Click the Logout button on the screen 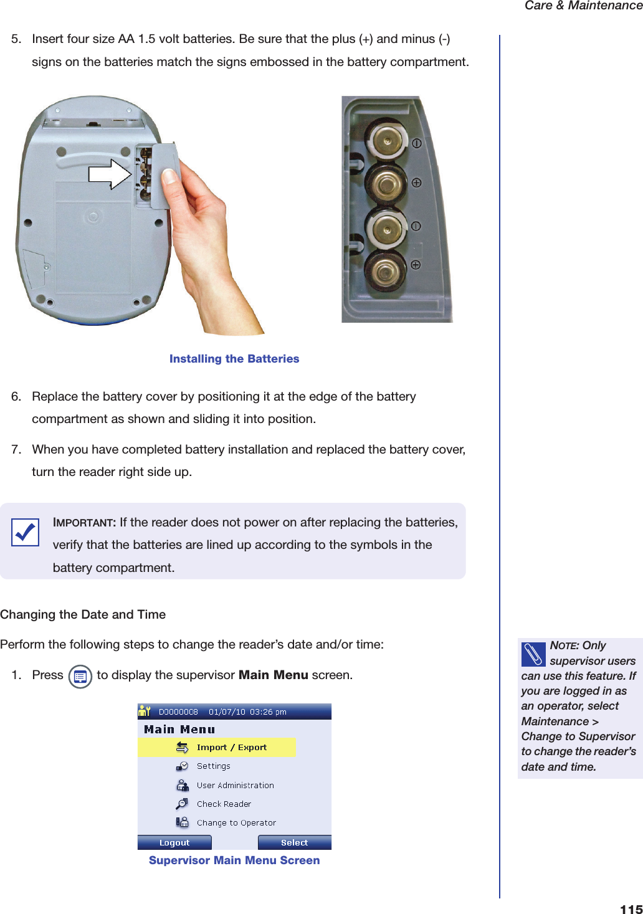174,842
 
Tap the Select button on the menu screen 294,842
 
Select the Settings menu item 213,766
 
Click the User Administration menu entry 235,785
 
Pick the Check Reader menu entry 224,804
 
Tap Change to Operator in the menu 236,822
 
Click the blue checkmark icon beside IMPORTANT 25,532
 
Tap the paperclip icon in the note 533,654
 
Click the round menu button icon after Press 80,677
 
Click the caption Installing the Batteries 234,359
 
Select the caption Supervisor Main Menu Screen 234,860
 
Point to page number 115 631,908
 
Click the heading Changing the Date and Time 83,614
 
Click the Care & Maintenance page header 583,6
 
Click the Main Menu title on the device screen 179,730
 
